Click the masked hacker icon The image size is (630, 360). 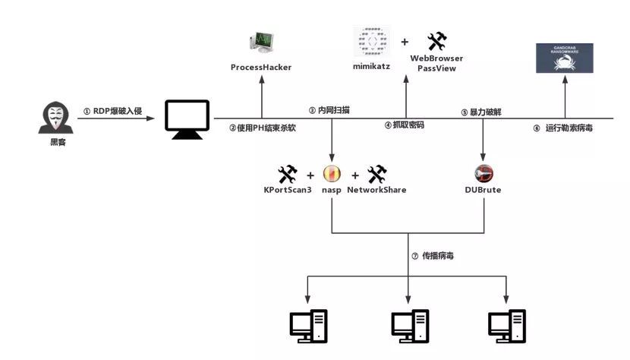click(x=52, y=118)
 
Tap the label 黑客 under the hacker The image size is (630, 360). click(x=52, y=142)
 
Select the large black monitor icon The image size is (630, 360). click(x=187, y=119)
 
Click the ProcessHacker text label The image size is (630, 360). click(x=261, y=68)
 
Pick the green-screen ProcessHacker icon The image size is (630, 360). click(x=261, y=43)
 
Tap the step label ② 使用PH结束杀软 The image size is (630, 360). click(x=263, y=128)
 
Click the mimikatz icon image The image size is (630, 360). click(x=372, y=41)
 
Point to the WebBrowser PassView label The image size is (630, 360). click(x=436, y=63)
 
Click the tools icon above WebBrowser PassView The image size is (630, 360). click(x=436, y=41)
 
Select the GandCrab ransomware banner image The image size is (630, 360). click(x=564, y=58)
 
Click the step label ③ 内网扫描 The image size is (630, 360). click(x=329, y=110)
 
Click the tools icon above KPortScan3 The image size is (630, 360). click(x=288, y=174)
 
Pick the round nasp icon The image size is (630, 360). click(x=332, y=174)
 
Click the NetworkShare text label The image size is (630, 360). click(x=376, y=190)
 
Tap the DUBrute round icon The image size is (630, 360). click(x=484, y=174)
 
